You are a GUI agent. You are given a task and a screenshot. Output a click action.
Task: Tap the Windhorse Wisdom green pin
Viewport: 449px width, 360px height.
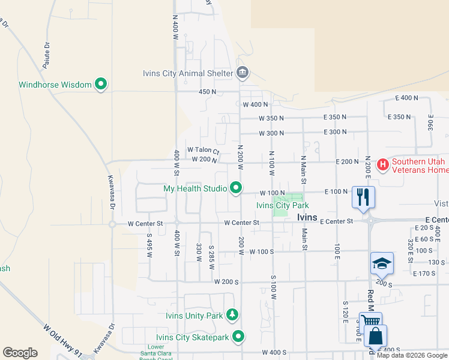tap(101, 85)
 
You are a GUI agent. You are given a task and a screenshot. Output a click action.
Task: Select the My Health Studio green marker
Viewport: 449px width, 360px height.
tap(236, 188)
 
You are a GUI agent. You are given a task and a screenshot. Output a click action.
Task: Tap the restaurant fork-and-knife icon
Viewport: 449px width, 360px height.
tap(363, 197)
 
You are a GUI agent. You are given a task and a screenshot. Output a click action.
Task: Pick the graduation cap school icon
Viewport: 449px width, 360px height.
tap(382, 263)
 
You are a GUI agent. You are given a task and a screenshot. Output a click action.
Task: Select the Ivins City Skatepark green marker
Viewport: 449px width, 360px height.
tap(238, 337)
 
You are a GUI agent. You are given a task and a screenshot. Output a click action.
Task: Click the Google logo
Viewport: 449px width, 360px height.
tap(20, 353)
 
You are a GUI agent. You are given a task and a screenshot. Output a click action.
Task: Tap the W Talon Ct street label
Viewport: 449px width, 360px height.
tap(203, 150)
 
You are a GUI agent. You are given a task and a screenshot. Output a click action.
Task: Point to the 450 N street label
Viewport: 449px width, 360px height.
tap(207, 92)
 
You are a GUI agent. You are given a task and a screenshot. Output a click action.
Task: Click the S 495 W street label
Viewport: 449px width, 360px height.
tap(149, 245)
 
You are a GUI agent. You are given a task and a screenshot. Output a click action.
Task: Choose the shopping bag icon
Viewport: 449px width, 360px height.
tap(375, 337)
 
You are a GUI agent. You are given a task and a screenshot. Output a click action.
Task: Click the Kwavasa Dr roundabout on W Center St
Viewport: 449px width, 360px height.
tap(112, 224)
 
